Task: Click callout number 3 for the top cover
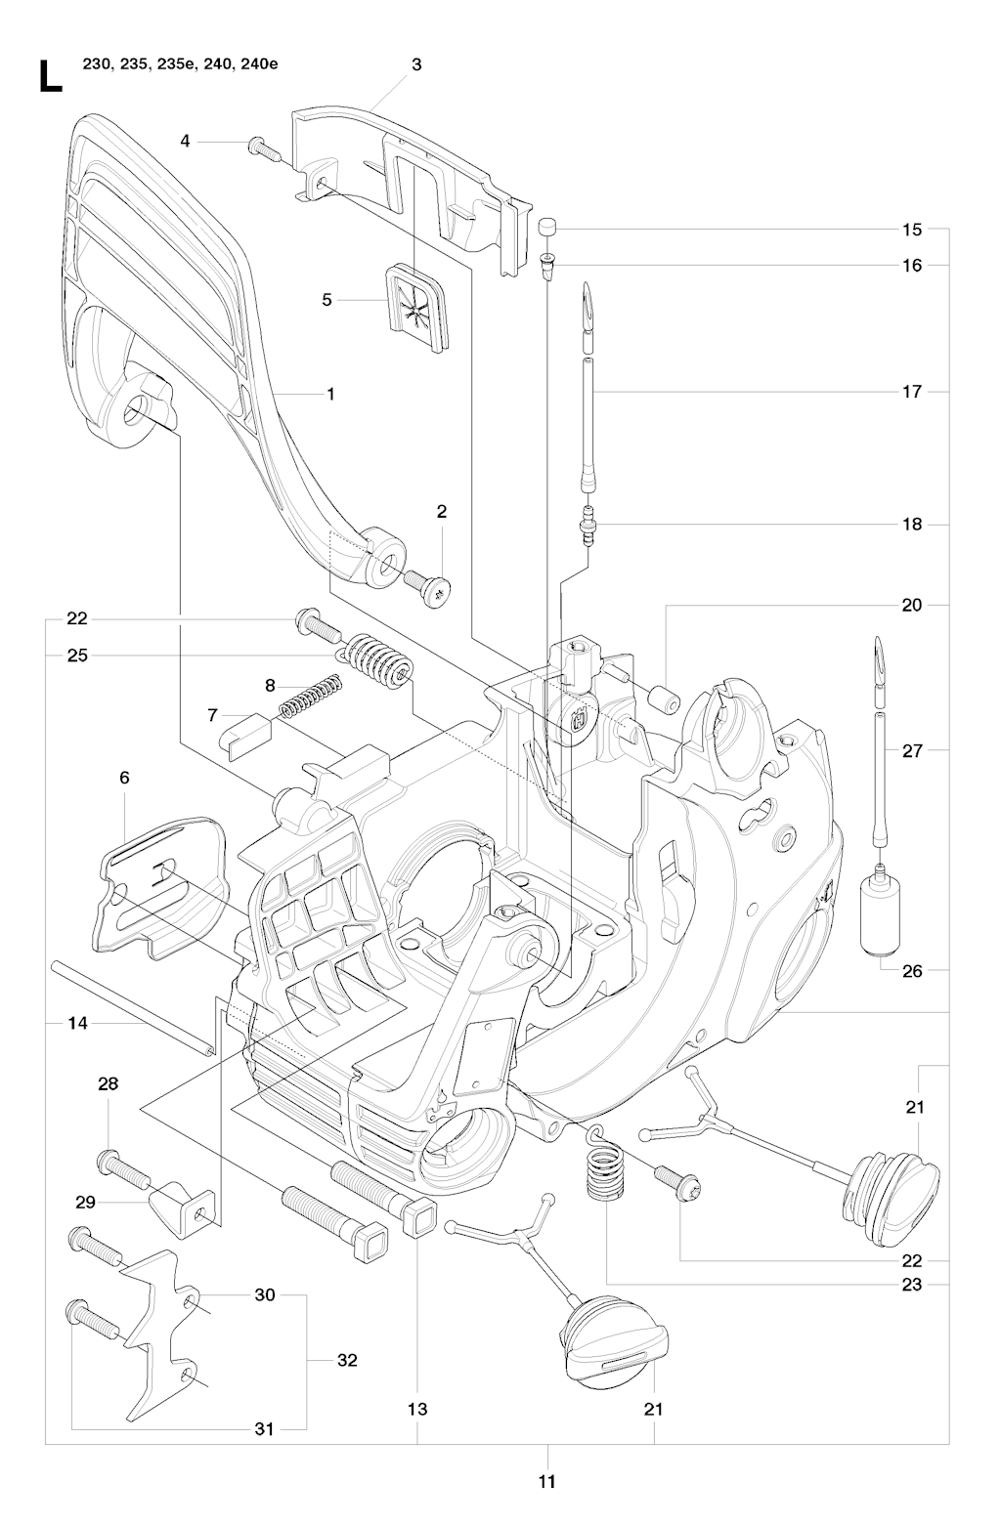416,64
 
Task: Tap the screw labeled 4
261,147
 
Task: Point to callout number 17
911,392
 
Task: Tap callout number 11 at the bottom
546,1482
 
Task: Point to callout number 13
417,1409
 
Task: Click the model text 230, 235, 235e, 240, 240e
180,65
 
